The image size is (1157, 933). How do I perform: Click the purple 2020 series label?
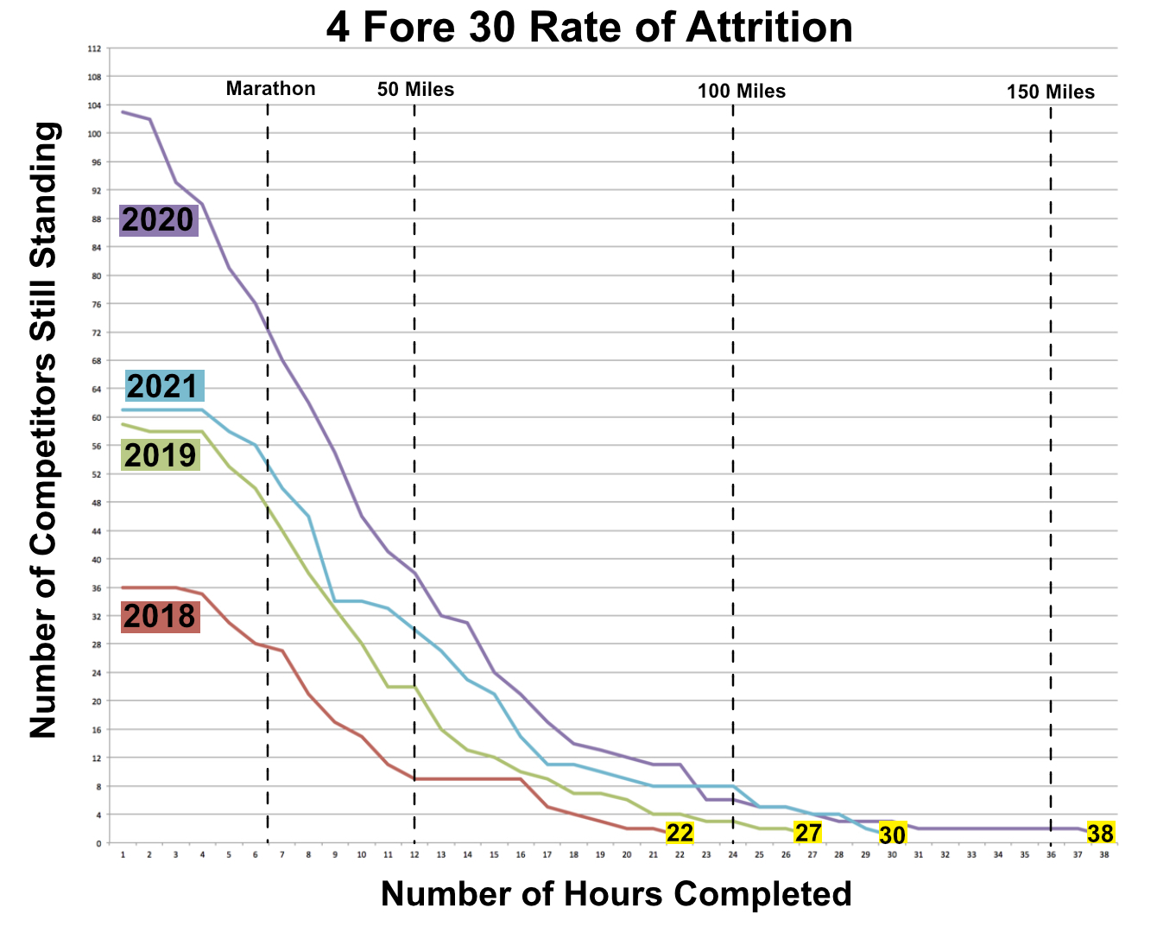point(158,220)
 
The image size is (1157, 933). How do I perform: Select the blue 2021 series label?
point(164,385)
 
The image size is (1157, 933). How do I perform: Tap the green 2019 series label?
point(161,454)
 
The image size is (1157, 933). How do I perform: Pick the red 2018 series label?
point(160,616)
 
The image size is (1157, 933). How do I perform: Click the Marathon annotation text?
point(270,89)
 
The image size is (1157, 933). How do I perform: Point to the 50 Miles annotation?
point(415,90)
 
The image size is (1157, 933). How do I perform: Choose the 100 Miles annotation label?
point(742,92)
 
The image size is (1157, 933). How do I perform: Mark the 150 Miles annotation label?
point(1050,92)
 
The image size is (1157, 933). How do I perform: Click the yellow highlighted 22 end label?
point(680,833)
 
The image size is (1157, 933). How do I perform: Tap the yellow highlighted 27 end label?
point(807,833)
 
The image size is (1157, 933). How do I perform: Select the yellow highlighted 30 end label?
point(892,835)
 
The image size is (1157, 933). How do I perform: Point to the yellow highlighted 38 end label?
point(1100,833)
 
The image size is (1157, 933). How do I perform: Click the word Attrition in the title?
point(768,28)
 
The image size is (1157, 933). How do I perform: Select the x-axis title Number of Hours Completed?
point(616,894)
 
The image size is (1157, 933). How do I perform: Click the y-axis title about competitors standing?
point(45,429)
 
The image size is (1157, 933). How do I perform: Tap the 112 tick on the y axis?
point(94,49)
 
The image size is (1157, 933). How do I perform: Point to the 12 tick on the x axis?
point(414,854)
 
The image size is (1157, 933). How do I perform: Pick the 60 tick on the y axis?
point(95,417)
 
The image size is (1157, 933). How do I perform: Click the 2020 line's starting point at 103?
point(123,111)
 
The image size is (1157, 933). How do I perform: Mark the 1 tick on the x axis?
point(123,854)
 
